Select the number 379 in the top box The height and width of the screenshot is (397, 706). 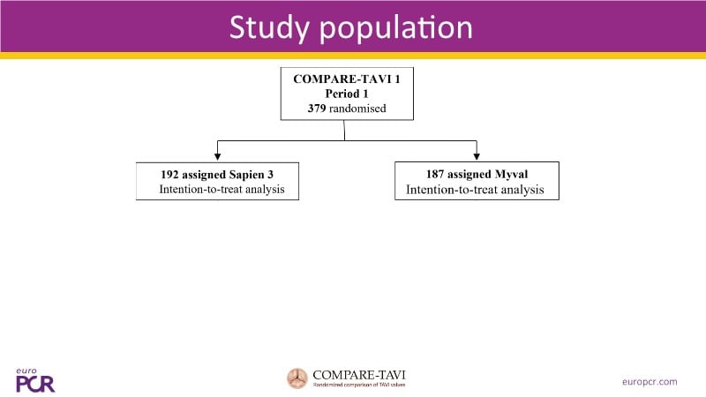[307, 109]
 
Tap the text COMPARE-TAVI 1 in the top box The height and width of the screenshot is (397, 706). [344, 79]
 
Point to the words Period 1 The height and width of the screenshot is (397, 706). [344, 94]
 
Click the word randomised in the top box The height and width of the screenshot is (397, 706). [357, 109]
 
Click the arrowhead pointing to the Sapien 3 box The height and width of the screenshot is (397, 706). [217, 157]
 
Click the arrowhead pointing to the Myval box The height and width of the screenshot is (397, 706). [477, 157]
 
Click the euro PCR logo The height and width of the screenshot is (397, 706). [34, 380]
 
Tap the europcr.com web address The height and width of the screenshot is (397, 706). [650, 381]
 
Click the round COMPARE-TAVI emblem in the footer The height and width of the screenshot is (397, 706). [297, 378]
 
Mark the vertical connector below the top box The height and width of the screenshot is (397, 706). [344, 130]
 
